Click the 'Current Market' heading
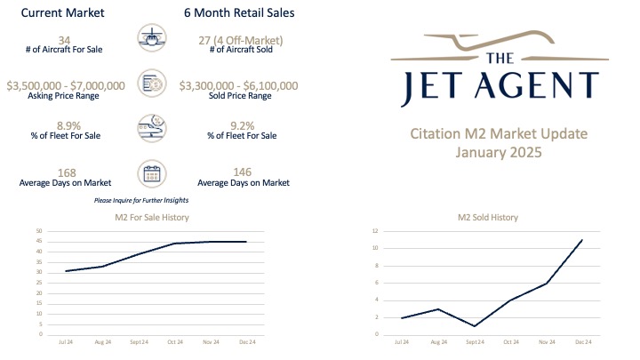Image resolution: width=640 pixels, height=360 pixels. pyautogui.click(x=61, y=13)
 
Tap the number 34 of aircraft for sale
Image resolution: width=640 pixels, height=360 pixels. pyautogui.click(x=64, y=39)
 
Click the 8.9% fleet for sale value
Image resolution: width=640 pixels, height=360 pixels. pyautogui.click(x=64, y=128)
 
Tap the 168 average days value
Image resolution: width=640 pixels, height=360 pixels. pyautogui.click(x=64, y=172)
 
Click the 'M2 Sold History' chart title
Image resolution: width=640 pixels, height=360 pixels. pyautogui.click(x=488, y=217)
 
